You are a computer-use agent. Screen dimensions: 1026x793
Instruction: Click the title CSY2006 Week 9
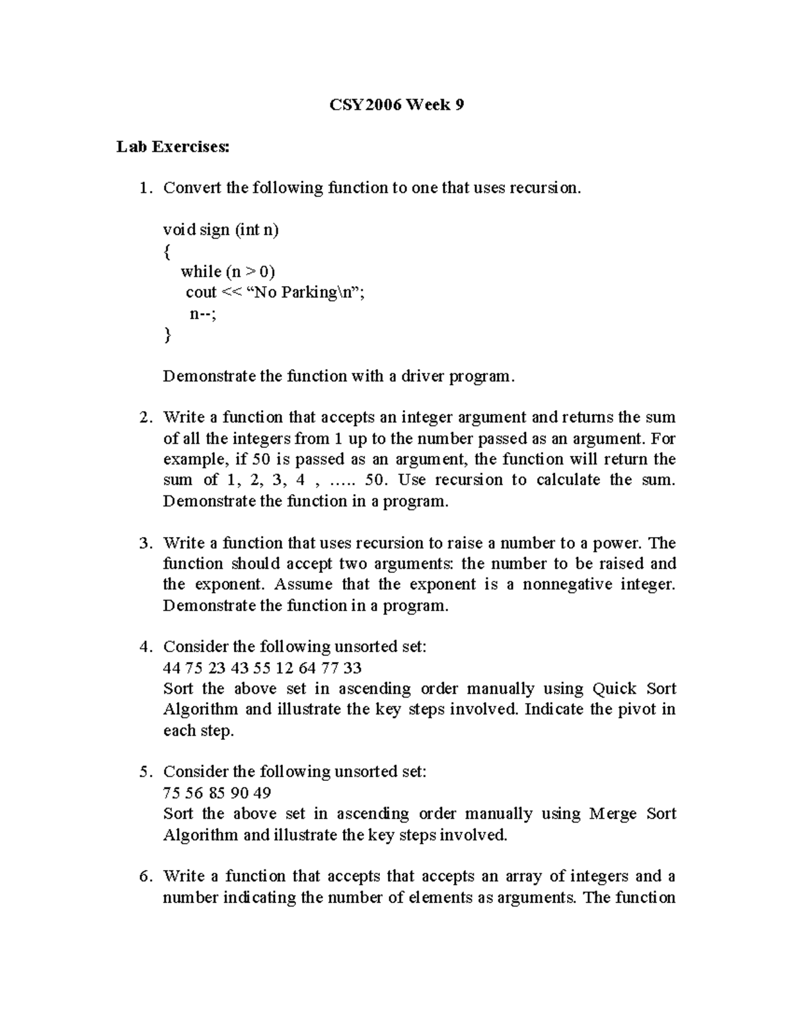tap(396, 104)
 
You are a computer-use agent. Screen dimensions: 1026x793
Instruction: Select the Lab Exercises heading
tap(173, 147)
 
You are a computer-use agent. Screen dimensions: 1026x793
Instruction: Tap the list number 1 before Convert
tap(144, 188)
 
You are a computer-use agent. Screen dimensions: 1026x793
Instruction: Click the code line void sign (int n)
tap(221, 230)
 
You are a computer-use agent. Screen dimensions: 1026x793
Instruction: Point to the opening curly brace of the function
tap(167, 251)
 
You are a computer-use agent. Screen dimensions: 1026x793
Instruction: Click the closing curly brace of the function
tap(167, 335)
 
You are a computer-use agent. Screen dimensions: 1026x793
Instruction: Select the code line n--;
tap(203, 314)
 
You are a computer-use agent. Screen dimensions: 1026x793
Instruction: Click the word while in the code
tap(200, 272)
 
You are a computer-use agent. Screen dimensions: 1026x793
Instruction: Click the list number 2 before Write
tap(144, 418)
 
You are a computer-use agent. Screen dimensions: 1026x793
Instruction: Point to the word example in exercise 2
tap(194, 460)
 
